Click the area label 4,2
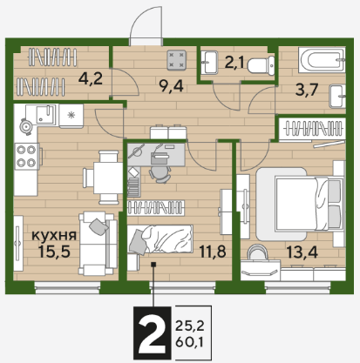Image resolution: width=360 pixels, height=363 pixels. coord(91,78)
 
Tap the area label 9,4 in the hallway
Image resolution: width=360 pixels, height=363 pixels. coord(171,86)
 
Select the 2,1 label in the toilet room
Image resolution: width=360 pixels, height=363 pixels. coord(234,62)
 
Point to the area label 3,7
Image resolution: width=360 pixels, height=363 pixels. coord(307,90)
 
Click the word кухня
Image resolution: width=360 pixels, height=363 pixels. coord(54,235)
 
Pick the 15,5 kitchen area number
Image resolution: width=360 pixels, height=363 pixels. coord(54,252)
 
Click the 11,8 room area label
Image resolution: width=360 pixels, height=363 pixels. coord(213,252)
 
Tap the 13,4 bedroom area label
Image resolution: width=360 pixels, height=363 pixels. coord(302,252)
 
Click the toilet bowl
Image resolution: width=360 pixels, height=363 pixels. coord(262,65)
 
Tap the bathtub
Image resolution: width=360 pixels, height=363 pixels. coord(322,60)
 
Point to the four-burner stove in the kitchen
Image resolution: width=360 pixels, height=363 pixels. coord(26,157)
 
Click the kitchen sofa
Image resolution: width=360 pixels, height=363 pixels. coord(98,243)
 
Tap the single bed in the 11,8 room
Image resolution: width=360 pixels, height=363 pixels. coord(160,239)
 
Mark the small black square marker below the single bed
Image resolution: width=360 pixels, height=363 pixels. coord(153,265)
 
